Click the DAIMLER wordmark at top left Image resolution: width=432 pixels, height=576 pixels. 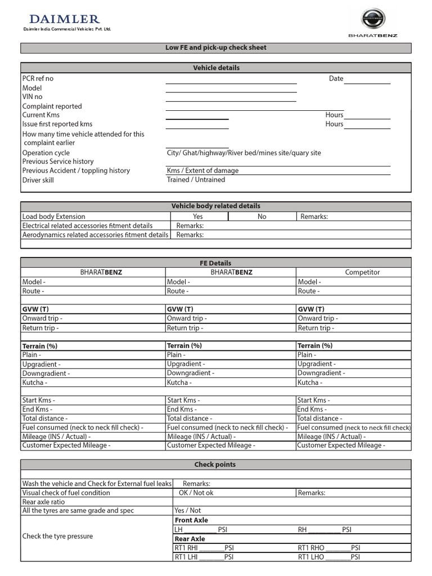coord(64,19)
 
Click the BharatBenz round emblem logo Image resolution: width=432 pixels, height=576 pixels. coord(372,19)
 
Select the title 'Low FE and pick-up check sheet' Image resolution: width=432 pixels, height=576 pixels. coord(216,48)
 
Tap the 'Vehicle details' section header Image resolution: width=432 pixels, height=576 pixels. coord(216,67)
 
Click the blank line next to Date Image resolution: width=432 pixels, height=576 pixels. coord(367,79)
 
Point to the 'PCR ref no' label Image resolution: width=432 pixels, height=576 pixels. coord(38,79)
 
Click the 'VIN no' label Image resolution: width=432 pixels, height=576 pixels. coord(32,97)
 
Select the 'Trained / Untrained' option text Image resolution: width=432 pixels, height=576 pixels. coord(196,180)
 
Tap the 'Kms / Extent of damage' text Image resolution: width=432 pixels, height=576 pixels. coord(202,170)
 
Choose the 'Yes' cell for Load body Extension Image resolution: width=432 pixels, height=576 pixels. coord(197,217)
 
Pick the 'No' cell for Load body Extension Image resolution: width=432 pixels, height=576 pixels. coord(262,217)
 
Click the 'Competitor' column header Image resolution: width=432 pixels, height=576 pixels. coord(362,272)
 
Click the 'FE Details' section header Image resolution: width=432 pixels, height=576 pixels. coord(216,263)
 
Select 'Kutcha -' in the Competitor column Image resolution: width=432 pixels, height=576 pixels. coord(310,382)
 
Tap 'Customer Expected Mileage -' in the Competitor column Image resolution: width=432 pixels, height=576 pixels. coord(341,445)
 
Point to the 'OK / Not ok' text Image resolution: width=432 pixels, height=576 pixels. coord(196,493)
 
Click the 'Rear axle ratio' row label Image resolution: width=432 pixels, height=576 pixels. coord(43,502)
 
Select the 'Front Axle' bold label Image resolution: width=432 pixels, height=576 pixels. coord(191,520)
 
